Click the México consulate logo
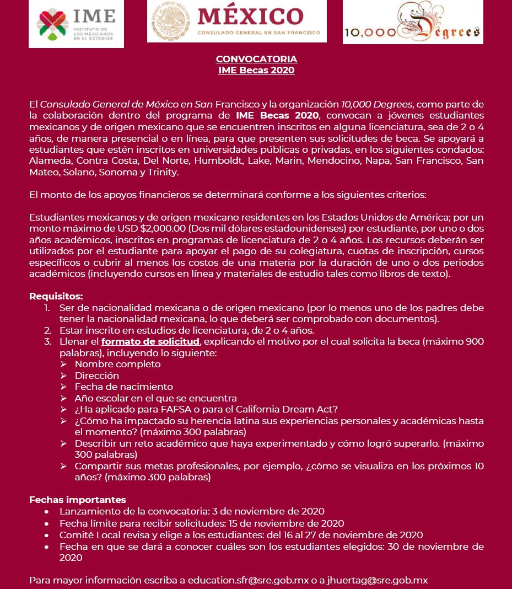coord(237,22)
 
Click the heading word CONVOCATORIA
coord(256,59)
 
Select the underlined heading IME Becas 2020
coord(256,70)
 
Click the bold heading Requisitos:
coord(56,296)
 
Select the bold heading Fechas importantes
coord(77,500)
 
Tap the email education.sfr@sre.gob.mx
coord(248,580)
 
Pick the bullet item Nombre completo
coord(117,364)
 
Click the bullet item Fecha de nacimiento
coord(123,387)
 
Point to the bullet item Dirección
coord(96,376)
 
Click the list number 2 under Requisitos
coord(48,330)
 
